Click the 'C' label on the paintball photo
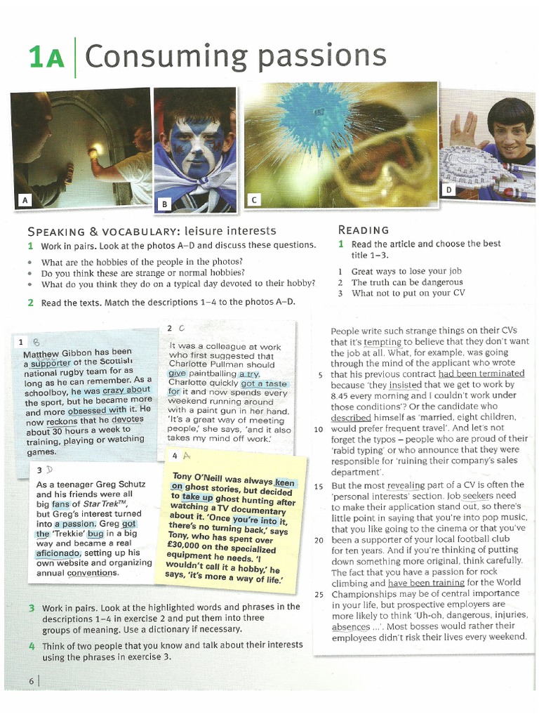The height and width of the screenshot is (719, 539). click(x=254, y=201)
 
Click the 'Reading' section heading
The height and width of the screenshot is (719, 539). click(x=364, y=230)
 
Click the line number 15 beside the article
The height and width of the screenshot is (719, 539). click(x=319, y=486)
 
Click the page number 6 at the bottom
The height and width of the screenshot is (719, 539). click(x=32, y=680)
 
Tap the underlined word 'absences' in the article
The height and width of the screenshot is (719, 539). click(x=350, y=626)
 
